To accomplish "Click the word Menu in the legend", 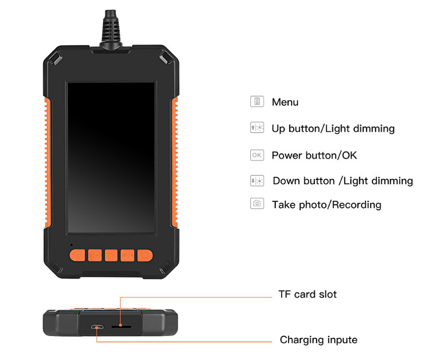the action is [285, 103].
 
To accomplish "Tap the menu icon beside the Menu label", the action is [257, 101].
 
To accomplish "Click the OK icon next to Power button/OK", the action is [257, 155].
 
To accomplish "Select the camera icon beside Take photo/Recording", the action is [257, 204].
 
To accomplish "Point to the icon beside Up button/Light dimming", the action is [257, 128].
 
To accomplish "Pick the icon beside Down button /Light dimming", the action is [257, 181].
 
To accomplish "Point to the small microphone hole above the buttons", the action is [72, 244].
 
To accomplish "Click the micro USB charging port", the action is [98, 326].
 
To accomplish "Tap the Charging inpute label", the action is [318, 340].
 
